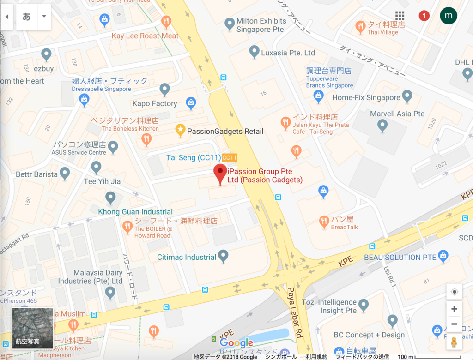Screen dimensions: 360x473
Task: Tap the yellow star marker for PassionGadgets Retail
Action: point(181,131)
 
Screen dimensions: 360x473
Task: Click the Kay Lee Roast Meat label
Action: point(145,36)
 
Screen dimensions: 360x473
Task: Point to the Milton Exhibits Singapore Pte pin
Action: point(230,23)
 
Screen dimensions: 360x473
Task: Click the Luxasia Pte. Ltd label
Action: point(288,53)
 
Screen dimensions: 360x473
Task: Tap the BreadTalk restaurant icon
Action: point(324,222)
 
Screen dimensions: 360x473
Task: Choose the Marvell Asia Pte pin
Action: point(382,124)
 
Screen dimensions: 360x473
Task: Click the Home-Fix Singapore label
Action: point(366,97)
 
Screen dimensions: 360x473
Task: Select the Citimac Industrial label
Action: point(187,257)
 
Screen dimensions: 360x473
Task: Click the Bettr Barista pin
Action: point(65,173)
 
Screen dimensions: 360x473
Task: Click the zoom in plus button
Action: point(454,309)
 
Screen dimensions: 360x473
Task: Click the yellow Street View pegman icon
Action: point(454,342)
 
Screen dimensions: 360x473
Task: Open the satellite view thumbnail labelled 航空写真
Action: point(33,328)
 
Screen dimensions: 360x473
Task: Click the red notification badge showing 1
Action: point(424,16)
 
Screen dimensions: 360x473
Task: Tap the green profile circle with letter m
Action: point(448,16)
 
